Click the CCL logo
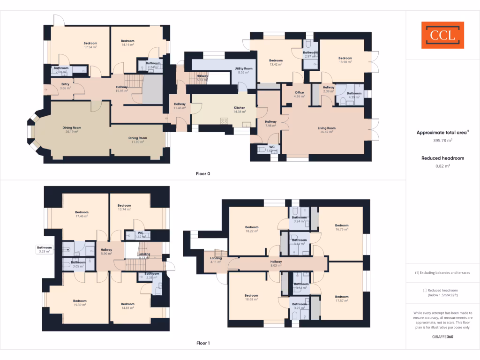coord(442,35)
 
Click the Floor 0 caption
coord(203,173)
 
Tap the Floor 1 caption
coord(203,343)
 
